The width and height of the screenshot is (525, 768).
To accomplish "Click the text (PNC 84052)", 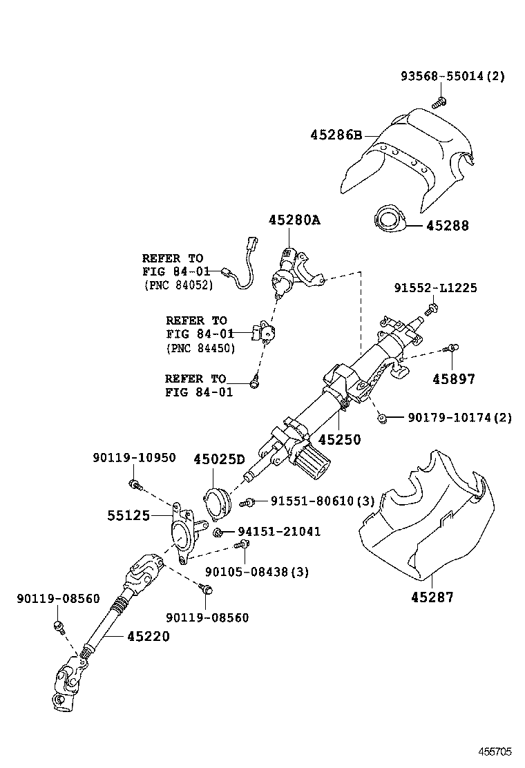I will coord(178,285).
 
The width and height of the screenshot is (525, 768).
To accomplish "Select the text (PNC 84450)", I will coord(200,348).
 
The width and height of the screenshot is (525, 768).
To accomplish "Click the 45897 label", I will coord(454,378).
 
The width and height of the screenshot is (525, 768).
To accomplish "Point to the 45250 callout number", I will coord(339,439).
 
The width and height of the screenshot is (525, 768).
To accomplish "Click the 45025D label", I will coord(219,459).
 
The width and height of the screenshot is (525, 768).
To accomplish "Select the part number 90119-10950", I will coord(134,457).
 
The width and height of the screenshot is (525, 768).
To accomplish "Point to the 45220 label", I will coord(148,636).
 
